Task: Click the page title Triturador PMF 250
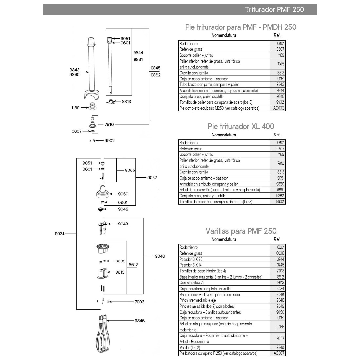pos(274,9)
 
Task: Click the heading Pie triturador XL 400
pos(241,126)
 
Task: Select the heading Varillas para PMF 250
pos(241,231)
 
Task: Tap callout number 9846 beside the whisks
pos(139,321)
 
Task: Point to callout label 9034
pos(60,234)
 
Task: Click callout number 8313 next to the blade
pos(126,102)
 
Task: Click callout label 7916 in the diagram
pos(109,124)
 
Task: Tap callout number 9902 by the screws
pos(109,141)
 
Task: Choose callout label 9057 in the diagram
pos(152,178)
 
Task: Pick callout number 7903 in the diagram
pos(139,302)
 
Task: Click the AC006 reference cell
pos(279,108)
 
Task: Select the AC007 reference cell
pos(279,353)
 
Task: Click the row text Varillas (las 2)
pos(190,348)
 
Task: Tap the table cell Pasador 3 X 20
pos(191,259)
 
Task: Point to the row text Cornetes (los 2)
pos(191,283)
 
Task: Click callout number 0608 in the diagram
pos(120,261)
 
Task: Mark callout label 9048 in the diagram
pos(123,209)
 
